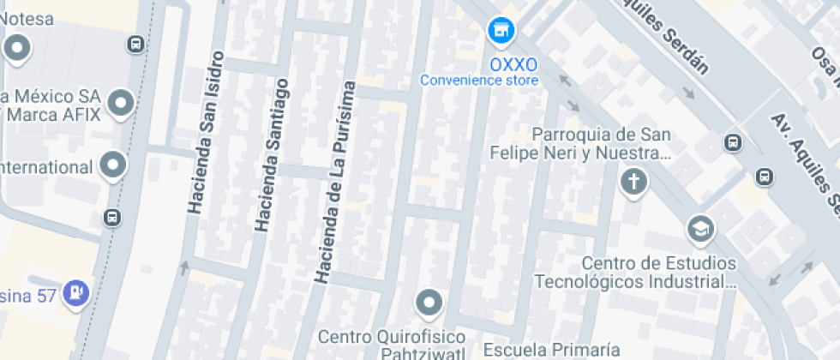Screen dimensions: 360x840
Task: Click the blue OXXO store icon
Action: [x=501, y=32]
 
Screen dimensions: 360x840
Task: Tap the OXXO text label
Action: [x=513, y=65]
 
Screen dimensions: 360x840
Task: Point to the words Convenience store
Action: [x=479, y=81]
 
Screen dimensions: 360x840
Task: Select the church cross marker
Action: [x=633, y=182]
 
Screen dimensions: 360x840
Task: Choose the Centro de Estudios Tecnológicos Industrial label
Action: [x=635, y=272]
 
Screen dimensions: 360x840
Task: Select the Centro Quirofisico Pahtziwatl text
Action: [x=391, y=343]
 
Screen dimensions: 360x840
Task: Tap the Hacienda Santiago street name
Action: [x=270, y=154]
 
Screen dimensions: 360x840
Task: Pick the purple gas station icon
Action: [x=78, y=291]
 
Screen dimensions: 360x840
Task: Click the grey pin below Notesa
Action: [x=17, y=49]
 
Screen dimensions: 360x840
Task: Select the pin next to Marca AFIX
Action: [x=121, y=104]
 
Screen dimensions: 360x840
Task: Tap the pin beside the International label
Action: [x=113, y=164]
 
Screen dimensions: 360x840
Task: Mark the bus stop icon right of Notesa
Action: [x=135, y=44]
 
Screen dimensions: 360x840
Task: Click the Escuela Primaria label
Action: [x=551, y=349]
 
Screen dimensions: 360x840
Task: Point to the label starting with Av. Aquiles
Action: [x=804, y=163]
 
